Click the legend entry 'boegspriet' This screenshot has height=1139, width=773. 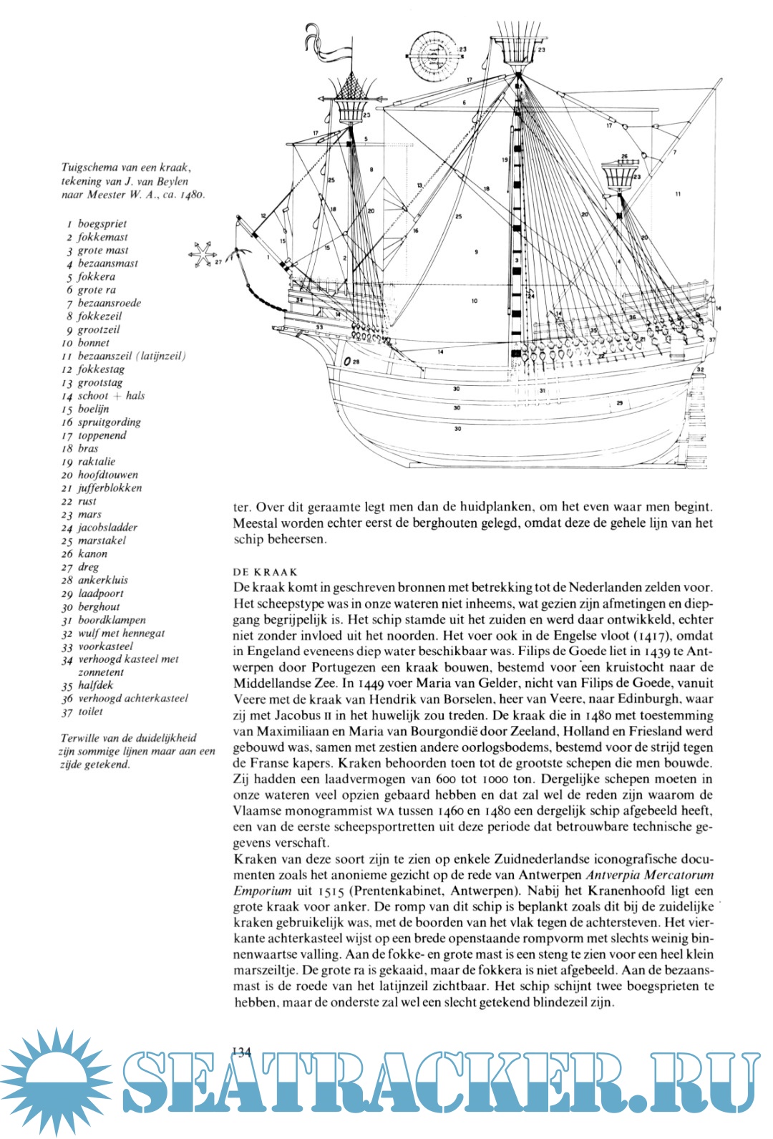click(x=102, y=223)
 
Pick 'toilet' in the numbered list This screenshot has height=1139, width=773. click(x=90, y=712)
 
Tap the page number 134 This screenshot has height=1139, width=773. click(x=243, y=1051)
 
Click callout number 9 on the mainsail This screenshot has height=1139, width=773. click(x=476, y=252)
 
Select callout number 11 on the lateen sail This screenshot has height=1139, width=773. click(x=678, y=194)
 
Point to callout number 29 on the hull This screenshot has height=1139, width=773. click(x=619, y=404)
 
